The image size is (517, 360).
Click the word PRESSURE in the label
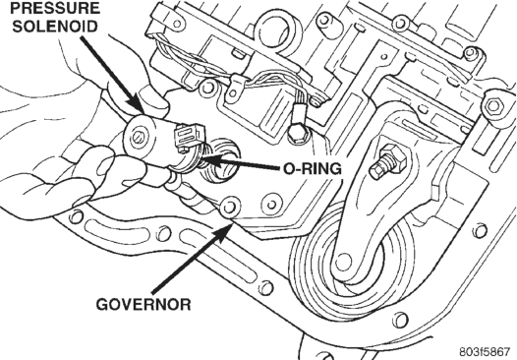pyautogui.click(x=55, y=8)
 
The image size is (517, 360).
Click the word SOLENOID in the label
pyautogui.click(x=55, y=27)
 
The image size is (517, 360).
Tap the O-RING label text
pyautogui.click(x=313, y=169)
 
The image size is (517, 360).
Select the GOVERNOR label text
pyautogui.click(x=144, y=304)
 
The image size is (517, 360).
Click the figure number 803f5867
pyautogui.click(x=485, y=350)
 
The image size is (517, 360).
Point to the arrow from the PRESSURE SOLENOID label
pyautogui.click(x=113, y=75)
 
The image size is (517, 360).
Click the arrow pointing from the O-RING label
pyautogui.click(x=243, y=164)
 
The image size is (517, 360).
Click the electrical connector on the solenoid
pyautogui.click(x=188, y=137)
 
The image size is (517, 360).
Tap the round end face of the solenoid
pyautogui.click(x=140, y=137)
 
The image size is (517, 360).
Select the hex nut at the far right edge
pyautogui.click(x=493, y=106)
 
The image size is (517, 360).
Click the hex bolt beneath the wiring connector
pyautogui.click(x=298, y=133)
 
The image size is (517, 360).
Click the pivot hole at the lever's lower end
pyautogui.click(x=343, y=262)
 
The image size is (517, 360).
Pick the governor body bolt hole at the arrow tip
pyautogui.click(x=229, y=207)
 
